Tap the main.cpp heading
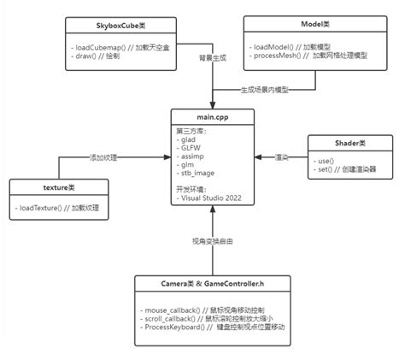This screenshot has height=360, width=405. (206, 115)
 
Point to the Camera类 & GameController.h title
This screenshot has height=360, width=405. (207, 283)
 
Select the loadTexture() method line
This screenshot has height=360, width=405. (62, 208)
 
